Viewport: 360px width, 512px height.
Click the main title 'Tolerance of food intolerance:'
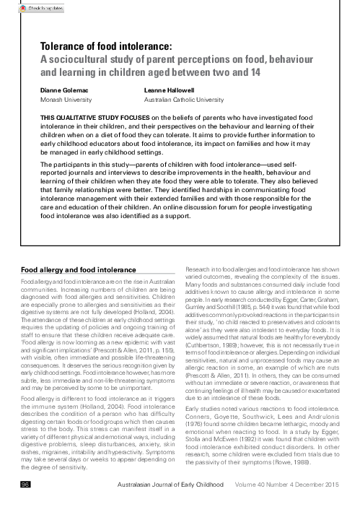115,45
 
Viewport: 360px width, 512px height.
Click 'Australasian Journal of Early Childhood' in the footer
186,503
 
